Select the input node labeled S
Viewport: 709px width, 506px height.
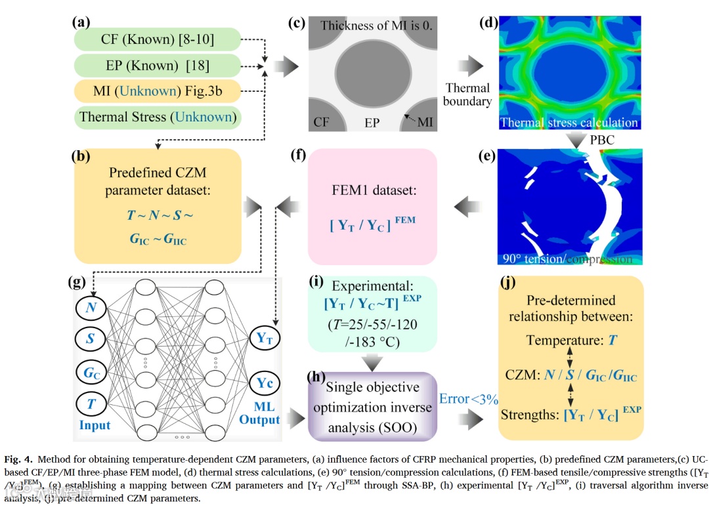(x=90, y=339)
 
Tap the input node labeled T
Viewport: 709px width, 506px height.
(x=90, y=403)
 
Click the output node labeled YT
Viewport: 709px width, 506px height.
(x=265, y=339)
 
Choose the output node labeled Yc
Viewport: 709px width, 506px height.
(x=265, y=383)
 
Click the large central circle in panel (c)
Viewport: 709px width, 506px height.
(x=372, y=73)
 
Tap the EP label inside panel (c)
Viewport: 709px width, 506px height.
(x=372, y=123)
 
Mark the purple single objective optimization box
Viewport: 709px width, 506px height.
(x=372, y=406)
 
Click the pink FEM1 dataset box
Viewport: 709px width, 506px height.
(x=372, y=206)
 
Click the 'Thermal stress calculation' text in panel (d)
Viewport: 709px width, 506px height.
(x=569, y=122)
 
